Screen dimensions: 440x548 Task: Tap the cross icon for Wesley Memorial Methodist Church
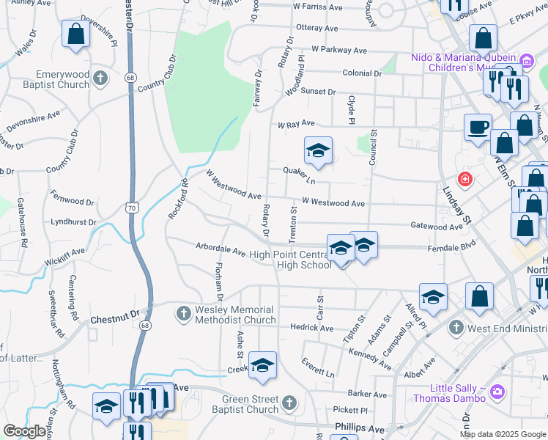(x=183, y=314)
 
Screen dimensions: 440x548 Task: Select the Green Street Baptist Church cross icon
(x=289, y=403)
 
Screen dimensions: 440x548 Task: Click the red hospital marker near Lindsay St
(x=464, y=179)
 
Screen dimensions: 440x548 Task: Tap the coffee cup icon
(x=478, y=128)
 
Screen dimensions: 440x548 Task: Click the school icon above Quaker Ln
(x=318, y=151)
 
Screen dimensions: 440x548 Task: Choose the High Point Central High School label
(x=290, y=260)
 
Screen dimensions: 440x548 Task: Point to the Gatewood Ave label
(x=437, y=227)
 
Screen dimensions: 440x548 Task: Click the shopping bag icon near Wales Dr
(x=75, y=34)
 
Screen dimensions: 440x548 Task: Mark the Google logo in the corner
(x=25, y=431)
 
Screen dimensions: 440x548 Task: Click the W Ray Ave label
(x=295, y=124)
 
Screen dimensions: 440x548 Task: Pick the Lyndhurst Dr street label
(x=74, y=221)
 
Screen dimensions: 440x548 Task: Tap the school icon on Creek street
(x=262, y=367)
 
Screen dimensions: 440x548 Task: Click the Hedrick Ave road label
(x=311, y=328)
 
